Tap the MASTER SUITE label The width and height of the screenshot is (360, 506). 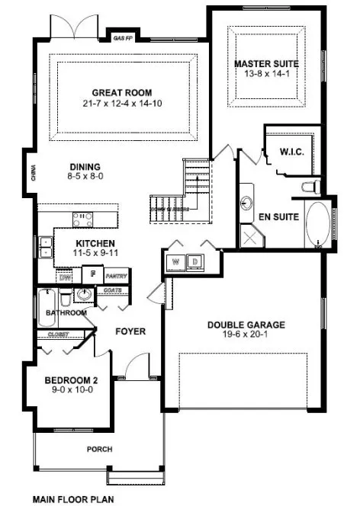[x=266, y=63]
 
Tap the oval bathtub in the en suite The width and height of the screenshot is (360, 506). [x=317, y=225]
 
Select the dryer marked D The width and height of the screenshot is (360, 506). [x=195, y=261]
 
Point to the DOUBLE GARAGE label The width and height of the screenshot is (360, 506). [x=246, y=325]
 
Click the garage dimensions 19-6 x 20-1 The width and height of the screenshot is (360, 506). [x=246, y=335]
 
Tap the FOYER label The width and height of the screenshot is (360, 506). [x=130, y=331]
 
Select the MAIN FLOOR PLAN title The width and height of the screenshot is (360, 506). [x=72, y=500]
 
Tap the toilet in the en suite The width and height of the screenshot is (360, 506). [x=309, y=187]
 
